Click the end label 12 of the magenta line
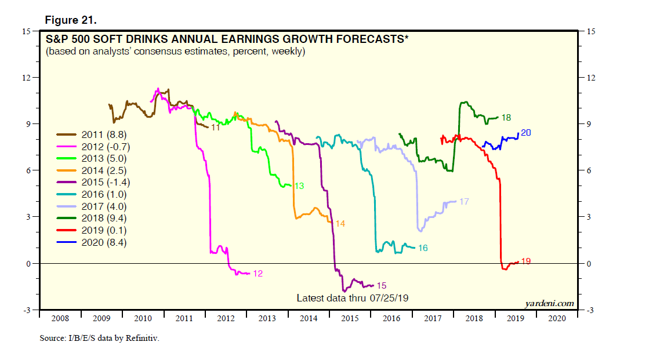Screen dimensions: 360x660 pos(258,274)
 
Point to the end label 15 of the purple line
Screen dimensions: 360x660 pos(381,285)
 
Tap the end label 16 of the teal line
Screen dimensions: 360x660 pos(423,248)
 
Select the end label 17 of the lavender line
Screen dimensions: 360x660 pos(463,202)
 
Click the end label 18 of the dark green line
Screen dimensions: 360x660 pos(506,118)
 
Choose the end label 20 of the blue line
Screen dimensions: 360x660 pos(526,133)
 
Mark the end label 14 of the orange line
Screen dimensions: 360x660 pos(340,223)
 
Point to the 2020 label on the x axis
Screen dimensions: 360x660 pos(556,318)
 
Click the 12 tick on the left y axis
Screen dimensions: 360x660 pos(27,78)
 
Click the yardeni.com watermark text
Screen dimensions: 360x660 pos(550,303)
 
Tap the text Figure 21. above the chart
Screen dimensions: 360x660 pos(71,20)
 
